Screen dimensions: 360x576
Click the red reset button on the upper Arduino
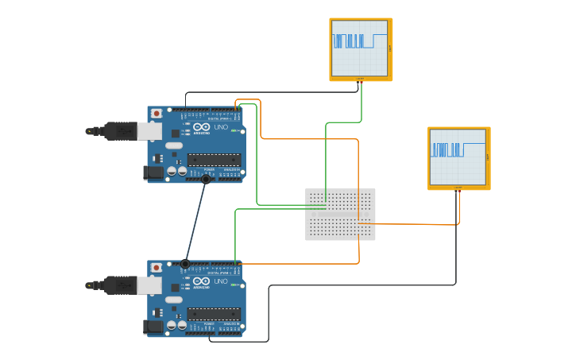point(157,114)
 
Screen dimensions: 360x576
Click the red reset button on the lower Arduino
point(157,268)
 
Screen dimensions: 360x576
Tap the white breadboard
point(340,214)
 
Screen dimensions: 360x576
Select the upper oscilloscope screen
point(361,48)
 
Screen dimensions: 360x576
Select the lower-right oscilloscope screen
point(458,157)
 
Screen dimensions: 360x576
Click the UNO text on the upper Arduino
point(220,127)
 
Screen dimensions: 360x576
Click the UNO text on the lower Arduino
point(220,281)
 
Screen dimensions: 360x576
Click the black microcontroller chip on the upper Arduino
point(214,160)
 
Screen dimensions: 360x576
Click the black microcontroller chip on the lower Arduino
point(214,314)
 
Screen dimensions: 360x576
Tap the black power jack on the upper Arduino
point(153,172)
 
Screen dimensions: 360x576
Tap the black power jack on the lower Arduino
point(153,326)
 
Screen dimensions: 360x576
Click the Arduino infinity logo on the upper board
point(201,127)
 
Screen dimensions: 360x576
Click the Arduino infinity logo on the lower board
point(201,281)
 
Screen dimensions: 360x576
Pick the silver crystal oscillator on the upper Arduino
point(173,145)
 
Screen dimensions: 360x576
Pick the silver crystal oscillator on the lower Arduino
point(173,300)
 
